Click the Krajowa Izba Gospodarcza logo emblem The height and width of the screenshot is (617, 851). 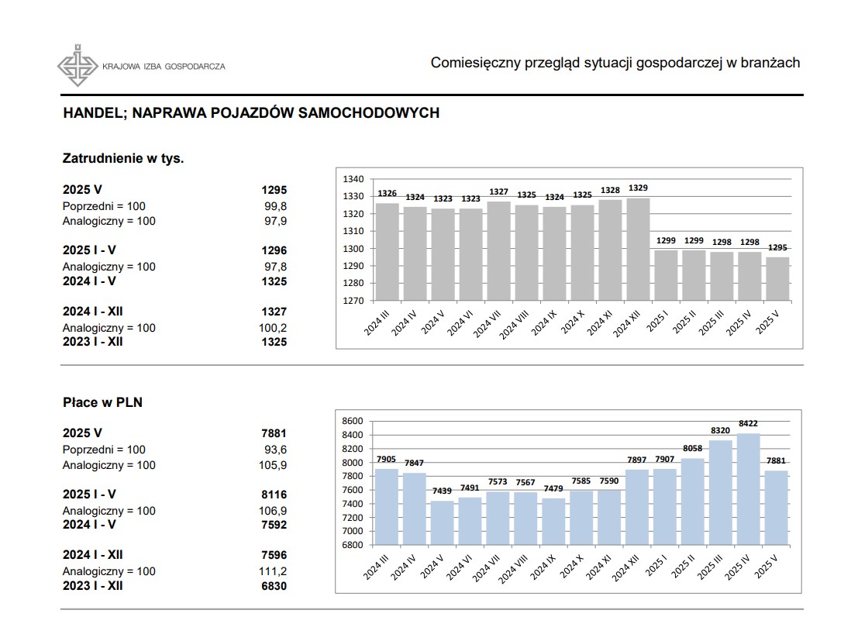tap(78, 65)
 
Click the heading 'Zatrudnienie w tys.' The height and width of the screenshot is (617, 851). tap(123, 158)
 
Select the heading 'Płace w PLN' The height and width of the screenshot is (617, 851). tap(102, 402)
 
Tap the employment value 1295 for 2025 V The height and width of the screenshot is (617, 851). tap(274, 190)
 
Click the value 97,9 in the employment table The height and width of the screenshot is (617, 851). tap(276, 221)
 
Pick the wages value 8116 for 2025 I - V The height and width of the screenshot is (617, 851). tap(274, 495)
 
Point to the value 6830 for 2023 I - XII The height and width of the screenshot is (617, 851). tap(274, 586)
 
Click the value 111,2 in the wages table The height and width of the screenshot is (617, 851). tap(273, 570)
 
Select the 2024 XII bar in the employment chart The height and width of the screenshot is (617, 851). tap(639, 249)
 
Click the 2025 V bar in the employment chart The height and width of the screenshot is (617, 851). tap(777, 279)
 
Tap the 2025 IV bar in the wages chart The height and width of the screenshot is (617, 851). tap(749, 489)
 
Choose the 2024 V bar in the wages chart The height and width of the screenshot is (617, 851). tap(443, 522)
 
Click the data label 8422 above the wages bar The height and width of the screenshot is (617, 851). tap(749, 423)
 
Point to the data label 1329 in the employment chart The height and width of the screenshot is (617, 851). tap(639, 188)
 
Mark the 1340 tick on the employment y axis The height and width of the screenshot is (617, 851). tap(353, 179)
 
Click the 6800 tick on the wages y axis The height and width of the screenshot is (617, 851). tap(353, 545)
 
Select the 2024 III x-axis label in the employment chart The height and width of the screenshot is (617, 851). tap(376, 323)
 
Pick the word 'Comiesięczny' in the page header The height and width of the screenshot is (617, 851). tap(475, 63)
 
